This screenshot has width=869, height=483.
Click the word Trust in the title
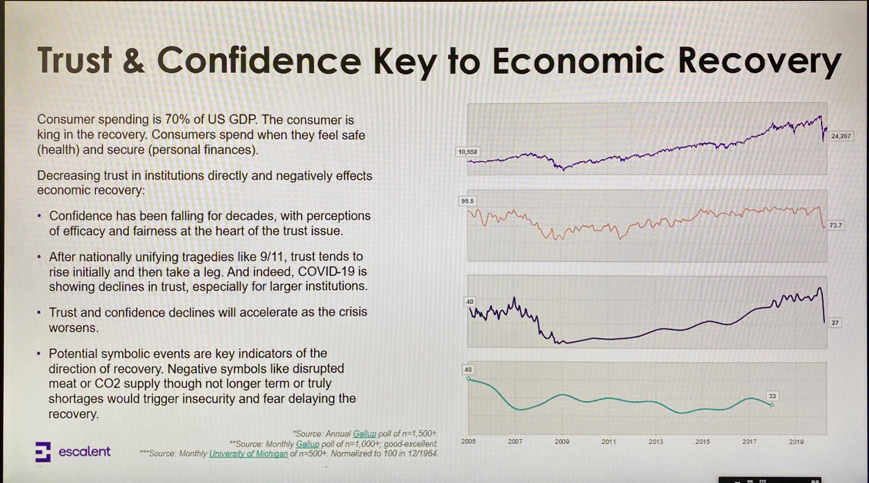tap(75, 60)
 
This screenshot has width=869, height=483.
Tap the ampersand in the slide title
tap(134, 61)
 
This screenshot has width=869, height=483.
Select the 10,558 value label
tap(467, 152)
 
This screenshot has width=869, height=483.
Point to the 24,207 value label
tap(840, 136)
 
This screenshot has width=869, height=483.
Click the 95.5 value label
tap(467, 201)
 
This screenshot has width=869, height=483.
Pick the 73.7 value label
tap(836, 225)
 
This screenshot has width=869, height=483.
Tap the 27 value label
tap(835, 323)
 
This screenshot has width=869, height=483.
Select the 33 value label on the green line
tap(772, 396)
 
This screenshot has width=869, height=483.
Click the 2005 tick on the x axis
tap(468, 441)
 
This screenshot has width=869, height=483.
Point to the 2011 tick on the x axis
tap(609, 441)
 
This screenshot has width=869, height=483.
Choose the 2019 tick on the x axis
tap(796, 441)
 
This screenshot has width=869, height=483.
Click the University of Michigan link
tap(248, 454)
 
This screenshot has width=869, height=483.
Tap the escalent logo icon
tap(43, 452)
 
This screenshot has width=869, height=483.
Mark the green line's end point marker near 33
tap(772, 405)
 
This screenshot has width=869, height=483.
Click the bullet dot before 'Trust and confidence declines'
tap(39, 312)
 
